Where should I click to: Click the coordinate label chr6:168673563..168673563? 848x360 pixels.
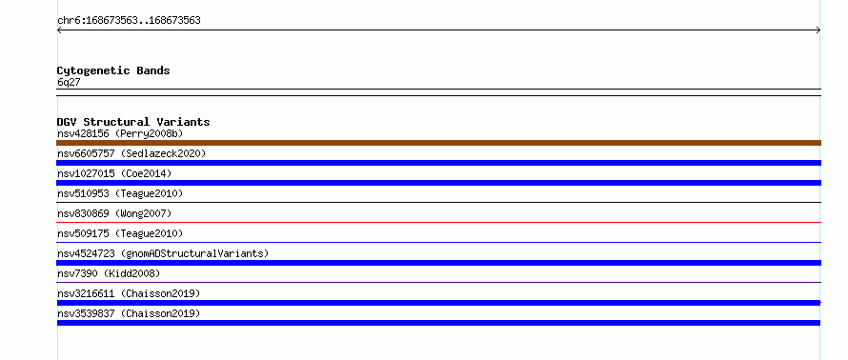[129, 21]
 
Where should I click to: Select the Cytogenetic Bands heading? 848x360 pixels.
[113, 70]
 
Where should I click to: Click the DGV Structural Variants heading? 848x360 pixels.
[133, 122]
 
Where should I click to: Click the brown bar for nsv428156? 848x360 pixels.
[438, 143]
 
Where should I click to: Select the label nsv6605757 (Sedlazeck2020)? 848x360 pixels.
[131, 153]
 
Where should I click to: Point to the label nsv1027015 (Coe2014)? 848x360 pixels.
[114, 173]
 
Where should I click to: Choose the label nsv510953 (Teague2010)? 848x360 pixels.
[120, 193]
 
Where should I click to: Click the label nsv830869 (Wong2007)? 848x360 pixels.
[114, 213]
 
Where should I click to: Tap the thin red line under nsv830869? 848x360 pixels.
[438, 222]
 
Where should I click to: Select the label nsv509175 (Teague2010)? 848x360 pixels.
[120, 233]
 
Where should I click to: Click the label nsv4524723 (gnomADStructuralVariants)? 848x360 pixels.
[163, 253]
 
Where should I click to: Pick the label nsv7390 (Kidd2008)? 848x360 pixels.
[109, 273]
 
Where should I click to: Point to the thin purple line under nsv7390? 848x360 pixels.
[438, 282]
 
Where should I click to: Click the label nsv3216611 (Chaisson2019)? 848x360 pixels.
[129, 293]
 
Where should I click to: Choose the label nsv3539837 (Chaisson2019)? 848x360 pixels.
[129, 313]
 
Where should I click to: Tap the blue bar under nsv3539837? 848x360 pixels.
[438, 323]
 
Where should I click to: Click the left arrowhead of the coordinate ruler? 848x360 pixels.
[57, 30]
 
